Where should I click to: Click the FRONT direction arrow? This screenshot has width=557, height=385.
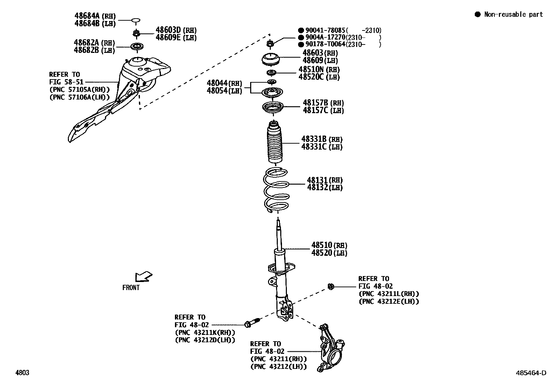point(143,276)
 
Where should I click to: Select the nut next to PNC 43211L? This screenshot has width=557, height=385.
point(330,287)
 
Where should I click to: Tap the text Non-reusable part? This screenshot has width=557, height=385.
point(513,14)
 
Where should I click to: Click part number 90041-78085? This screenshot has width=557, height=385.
point(325,30)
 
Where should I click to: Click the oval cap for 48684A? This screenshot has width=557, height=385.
point(136,20)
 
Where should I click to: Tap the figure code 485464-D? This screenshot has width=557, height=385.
point(530,373)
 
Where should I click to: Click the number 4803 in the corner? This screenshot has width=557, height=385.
point(22,373)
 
